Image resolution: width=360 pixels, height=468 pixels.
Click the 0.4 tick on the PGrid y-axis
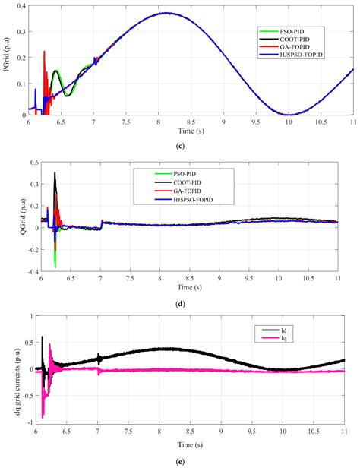click(x=21, y=6)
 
